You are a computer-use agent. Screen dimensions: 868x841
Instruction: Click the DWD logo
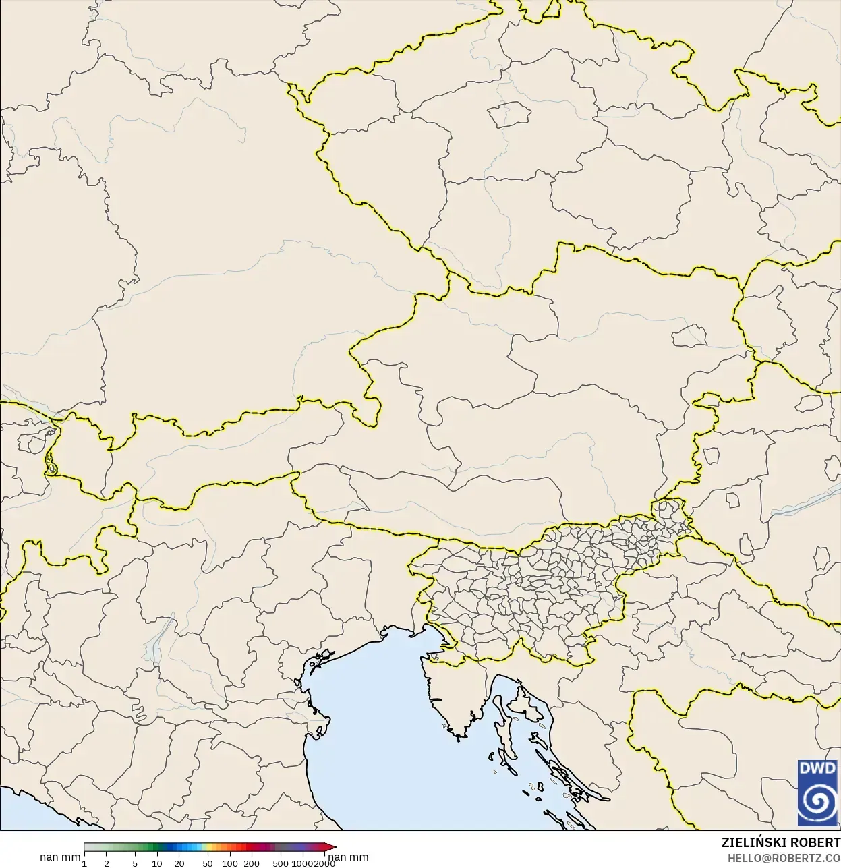coord(817,792)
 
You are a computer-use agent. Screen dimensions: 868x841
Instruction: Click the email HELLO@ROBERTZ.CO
coord(784,858)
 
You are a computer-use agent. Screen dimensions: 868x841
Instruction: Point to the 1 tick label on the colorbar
coord(84,863)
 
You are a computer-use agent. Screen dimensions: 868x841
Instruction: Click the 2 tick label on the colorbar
coord(107,863)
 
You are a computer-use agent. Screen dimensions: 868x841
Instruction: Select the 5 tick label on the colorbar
coord(136,863)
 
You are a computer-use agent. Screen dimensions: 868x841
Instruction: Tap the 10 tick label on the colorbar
coord(157,863)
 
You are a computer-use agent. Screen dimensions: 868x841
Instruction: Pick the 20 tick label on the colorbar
coord(179,863)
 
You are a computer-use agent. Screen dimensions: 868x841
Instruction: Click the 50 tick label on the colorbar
coord(208,863)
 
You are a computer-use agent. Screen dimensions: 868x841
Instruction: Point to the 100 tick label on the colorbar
coord(230,863)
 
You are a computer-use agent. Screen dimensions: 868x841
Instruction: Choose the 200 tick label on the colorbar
coord(252,863)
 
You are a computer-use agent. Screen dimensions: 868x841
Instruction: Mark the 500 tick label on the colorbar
coord(281,863)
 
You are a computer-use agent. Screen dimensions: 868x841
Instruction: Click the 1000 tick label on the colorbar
coord(301,863)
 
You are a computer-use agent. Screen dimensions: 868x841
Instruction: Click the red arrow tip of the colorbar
coord(332,847)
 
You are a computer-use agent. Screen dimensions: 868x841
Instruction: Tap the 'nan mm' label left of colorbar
coord(60,857)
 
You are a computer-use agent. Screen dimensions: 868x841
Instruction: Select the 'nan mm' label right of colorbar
coord(349,857)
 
